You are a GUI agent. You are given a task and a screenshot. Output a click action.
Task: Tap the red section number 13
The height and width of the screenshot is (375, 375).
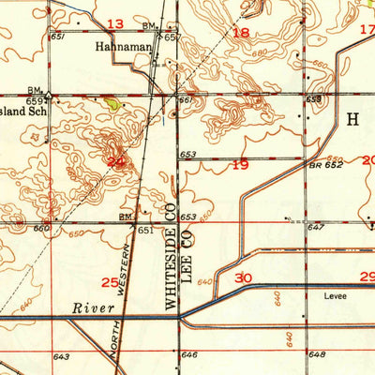[115, 22]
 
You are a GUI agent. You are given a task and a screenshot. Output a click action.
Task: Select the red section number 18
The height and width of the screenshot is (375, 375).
[241, 33]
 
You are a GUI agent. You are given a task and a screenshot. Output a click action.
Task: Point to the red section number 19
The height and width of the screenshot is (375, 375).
[240, 165]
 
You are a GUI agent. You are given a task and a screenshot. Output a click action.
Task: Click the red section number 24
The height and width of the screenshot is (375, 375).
[115, 162]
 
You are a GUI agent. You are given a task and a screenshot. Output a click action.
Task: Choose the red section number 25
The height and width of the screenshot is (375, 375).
[111, 281]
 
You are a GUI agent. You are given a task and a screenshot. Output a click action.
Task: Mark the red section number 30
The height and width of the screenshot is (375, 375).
[244, 277]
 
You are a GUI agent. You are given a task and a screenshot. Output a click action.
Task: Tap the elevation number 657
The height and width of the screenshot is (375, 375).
[172, 37]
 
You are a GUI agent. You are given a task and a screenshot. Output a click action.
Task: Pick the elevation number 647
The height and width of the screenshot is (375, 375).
[316, 228]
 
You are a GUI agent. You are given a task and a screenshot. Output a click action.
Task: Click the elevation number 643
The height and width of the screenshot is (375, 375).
[62, 356]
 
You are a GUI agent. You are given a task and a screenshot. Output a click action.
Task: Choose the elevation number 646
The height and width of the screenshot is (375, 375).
[189, 355]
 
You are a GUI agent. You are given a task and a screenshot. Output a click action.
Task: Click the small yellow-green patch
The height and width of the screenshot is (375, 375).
[112, 105]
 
